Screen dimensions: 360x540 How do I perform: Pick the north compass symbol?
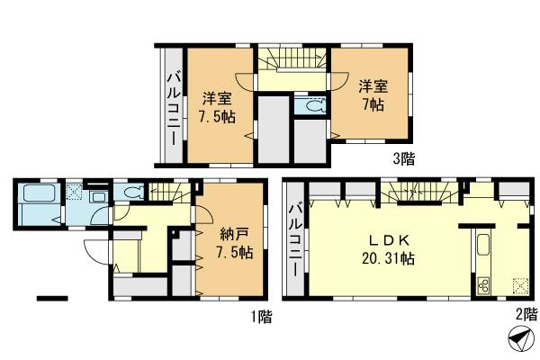519,342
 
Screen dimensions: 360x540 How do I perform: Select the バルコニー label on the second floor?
294,240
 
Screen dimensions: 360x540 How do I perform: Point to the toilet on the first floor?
133,192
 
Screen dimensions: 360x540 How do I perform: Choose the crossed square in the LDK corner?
519,287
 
